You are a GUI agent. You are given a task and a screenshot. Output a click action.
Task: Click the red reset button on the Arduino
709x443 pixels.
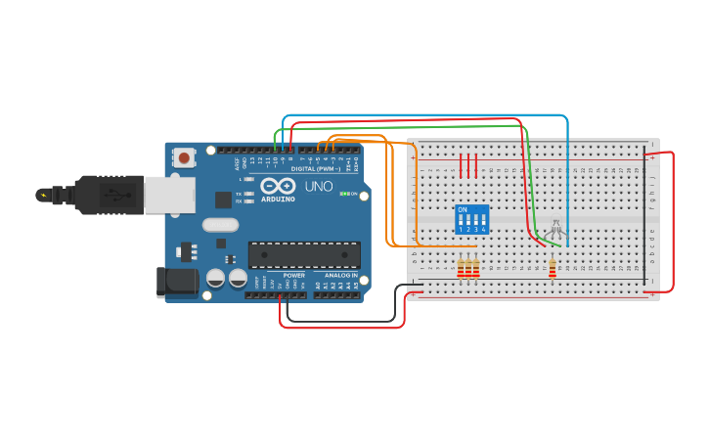pyautogui.click(x=184, y=156)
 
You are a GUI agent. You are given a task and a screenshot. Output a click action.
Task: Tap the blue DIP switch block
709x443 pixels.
pyautogui.click(x=471, y=220)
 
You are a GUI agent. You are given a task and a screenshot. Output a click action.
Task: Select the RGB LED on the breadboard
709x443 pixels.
pyautogui.click(x=555, y=227)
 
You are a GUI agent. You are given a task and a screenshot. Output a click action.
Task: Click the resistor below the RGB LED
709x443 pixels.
pyautogui.click(x=552, y=267)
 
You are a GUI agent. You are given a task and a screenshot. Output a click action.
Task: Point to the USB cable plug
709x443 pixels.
pyautogui.click(x=108, y=194)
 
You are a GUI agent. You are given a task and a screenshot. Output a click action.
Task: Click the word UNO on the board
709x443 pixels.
pyautogui.click(x=319, y=186)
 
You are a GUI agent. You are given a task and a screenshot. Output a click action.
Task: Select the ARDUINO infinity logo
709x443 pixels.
pyautogui.click(x=278, y=187)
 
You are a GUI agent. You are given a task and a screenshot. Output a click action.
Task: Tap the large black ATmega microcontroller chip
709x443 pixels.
pyautogui.click(x=303, y=255)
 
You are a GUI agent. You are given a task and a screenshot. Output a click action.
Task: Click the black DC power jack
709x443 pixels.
pyautogui.click(x=175, y=282)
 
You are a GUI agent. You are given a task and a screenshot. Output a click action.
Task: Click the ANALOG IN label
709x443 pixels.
pyautogui.click(x=340, y=276)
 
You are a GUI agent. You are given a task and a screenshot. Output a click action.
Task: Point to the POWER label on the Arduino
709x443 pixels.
pyautogui.click(x=293, y=276)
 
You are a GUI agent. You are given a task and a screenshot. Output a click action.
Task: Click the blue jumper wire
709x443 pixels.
pyautogui.click(x=430, y=115)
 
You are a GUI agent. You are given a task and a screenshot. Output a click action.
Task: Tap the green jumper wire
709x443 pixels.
pyautogui.click(x=411, y=126)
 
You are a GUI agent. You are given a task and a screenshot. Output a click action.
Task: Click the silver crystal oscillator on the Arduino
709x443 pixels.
pyautogui.click(x=221, y=224)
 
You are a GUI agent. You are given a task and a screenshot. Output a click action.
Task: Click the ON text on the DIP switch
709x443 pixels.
pyautogui.click(x=462, y=209)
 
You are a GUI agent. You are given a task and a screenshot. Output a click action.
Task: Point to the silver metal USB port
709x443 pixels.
pyautogui.click(x=168, y=195)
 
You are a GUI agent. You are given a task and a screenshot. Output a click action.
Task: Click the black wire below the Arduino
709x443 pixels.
pyautogui.click(x=342, y=321)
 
